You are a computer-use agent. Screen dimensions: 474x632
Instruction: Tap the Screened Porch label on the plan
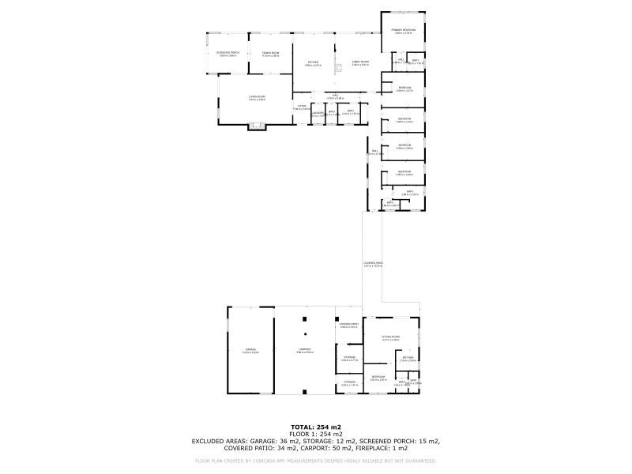[x=228, y=53]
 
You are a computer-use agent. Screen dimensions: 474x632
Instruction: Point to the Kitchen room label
[x=314, y=62]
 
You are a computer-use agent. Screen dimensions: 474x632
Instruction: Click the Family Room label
[x=360, y=62]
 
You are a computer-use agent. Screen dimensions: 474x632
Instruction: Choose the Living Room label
[x=257, y=97]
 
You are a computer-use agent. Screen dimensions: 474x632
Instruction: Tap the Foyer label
[x=302, y=107]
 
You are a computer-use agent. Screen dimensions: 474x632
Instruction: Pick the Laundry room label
[x=317, y=115]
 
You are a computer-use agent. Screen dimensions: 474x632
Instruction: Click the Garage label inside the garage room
[x=250, y=350]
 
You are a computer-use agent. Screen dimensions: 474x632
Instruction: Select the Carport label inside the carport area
[x=304, y=350]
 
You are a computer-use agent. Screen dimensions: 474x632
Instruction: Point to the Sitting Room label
[x=390, y=337]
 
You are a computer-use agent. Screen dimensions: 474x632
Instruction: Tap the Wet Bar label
[x=408, y=359]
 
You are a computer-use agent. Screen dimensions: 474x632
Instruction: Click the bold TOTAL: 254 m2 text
[x=315, y=427]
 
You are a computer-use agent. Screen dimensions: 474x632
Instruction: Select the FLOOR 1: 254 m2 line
[x=315, y=434]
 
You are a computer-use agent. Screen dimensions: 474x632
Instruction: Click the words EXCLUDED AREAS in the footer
[x=219, y=441]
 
